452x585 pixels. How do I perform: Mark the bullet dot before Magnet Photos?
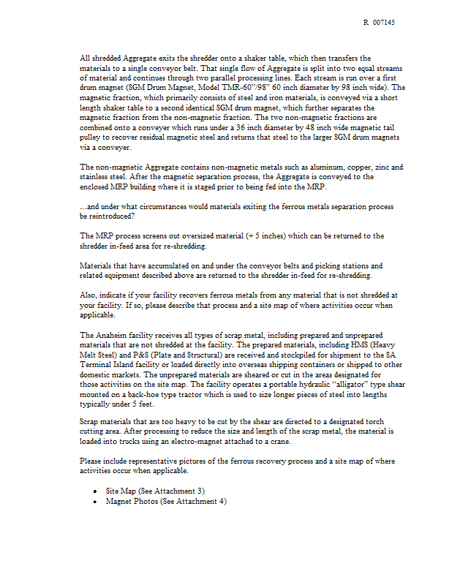[97, 501]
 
